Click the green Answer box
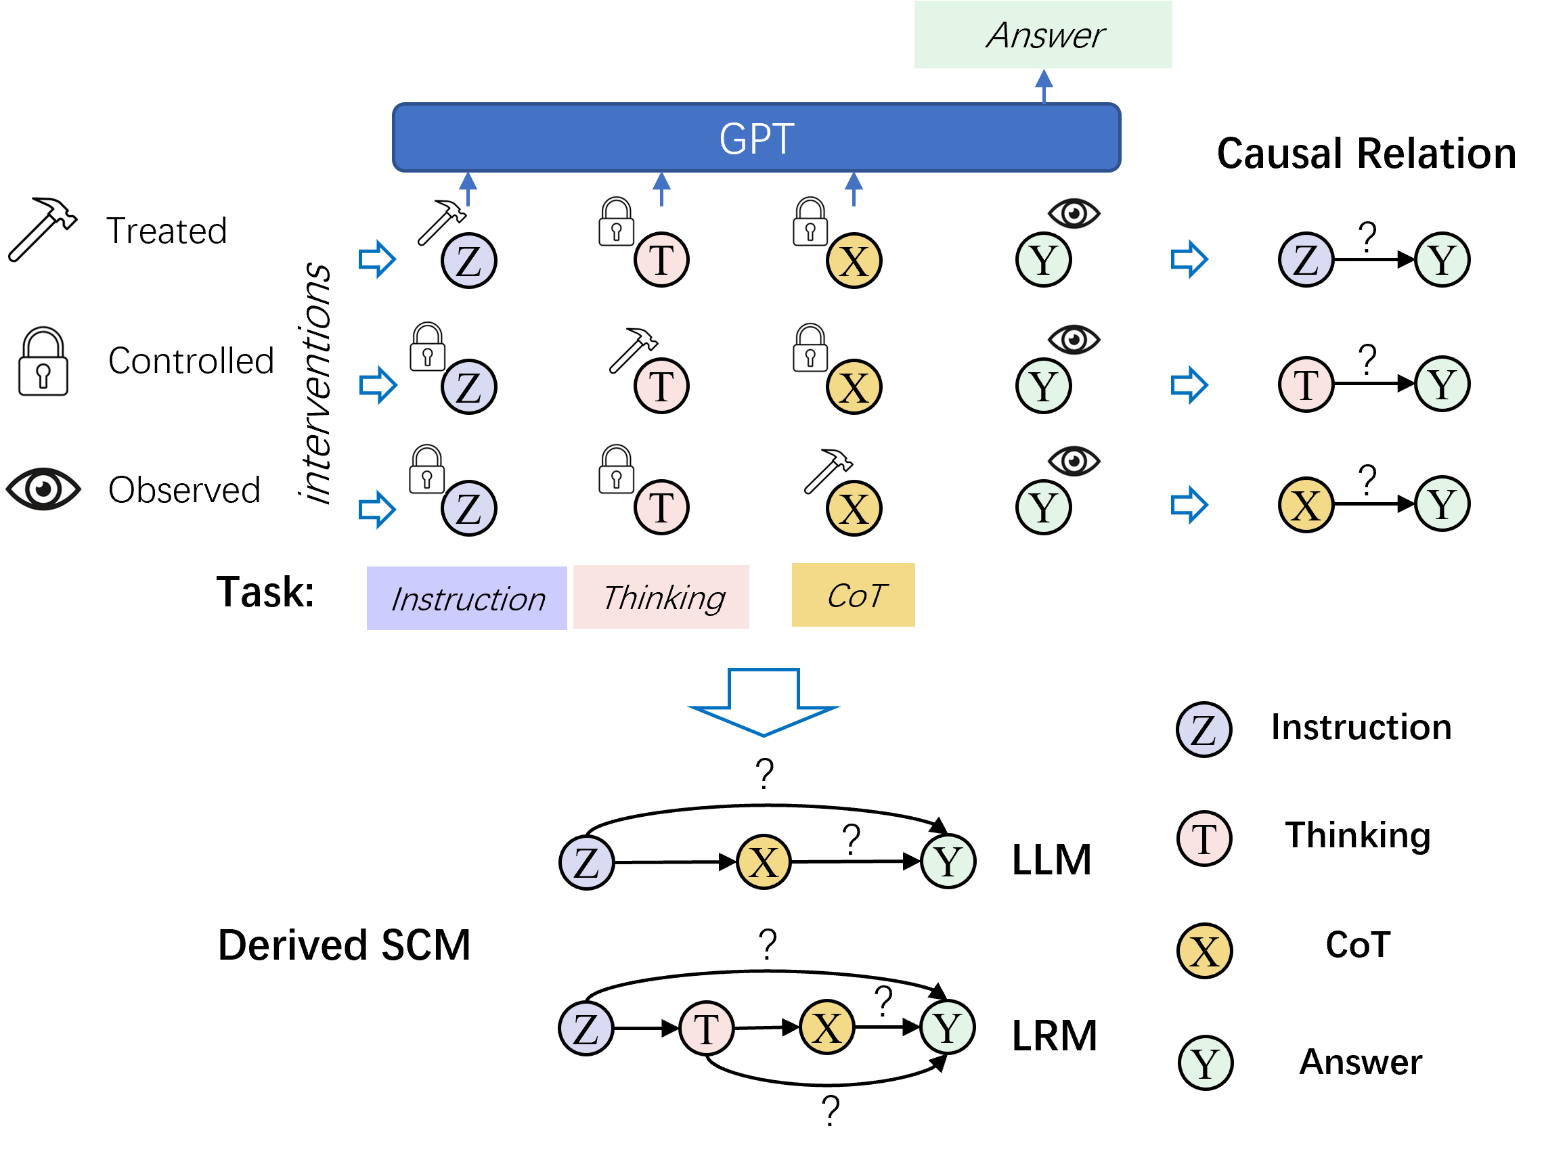tap(1043, 35)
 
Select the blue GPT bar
tap(757, 137)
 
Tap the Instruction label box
tap(466, 598)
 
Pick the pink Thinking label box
tap(661, 597)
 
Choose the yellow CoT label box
tap(853, 595)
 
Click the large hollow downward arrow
tap(764, 701)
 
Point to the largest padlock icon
tap(43, 361)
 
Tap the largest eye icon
tap(43, 489)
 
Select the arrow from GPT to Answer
tap(1044, 86)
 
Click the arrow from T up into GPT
tap(662, 188)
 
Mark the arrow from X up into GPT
tap(854, 188)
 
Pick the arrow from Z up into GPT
tap(468, 188)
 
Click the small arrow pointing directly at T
tap(1189, 384)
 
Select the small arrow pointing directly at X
tap(1189, 505)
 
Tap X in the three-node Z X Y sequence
tap(764, 862)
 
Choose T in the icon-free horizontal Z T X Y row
tap(707, 1028)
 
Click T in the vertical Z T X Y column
tap(1204, 839)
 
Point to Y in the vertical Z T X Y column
tap(1206, 1063)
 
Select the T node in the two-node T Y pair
tap(1306, 384)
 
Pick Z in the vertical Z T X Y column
tap(1204, 730)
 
